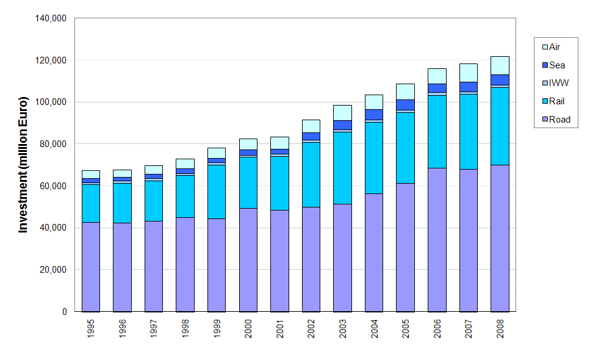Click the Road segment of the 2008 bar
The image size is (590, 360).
500,238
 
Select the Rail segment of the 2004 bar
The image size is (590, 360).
374,158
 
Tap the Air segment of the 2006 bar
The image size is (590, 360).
437,76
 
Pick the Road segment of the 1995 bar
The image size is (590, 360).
91,267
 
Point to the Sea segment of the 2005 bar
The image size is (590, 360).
405,104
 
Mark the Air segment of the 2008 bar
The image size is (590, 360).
500,65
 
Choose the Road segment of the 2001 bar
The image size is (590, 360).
279,261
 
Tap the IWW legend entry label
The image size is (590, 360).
558,83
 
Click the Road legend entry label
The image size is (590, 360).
559,120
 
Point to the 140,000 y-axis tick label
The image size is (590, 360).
51,18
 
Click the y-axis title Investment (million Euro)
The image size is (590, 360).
23,165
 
